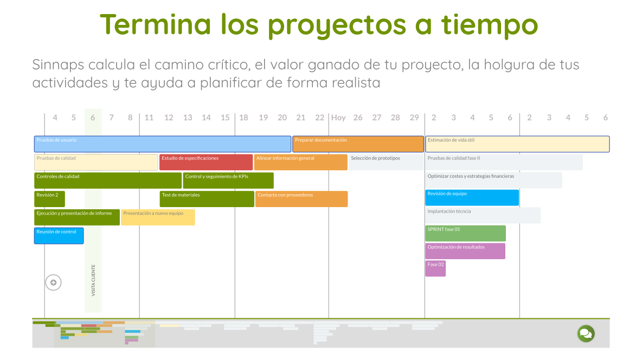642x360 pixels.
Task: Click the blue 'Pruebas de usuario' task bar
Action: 163,144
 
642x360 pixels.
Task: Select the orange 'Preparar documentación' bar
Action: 358,144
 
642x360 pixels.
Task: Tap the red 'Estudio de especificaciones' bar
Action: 206,162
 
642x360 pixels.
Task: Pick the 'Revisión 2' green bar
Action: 49,198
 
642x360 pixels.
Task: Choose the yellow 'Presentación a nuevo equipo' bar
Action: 158,217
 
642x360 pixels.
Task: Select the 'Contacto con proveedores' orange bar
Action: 301,198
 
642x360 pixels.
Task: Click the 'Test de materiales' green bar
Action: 207,198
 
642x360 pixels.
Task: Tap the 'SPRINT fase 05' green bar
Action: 465,233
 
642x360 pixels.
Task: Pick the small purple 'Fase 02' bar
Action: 435,268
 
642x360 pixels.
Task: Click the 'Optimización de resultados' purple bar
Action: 465,251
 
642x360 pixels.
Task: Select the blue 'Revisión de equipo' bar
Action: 472,197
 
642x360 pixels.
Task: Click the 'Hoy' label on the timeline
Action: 338,118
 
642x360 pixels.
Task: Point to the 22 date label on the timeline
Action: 320,118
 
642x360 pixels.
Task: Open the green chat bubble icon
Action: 586,333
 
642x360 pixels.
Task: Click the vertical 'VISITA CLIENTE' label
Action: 93,280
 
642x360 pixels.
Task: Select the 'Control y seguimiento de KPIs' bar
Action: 228,180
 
